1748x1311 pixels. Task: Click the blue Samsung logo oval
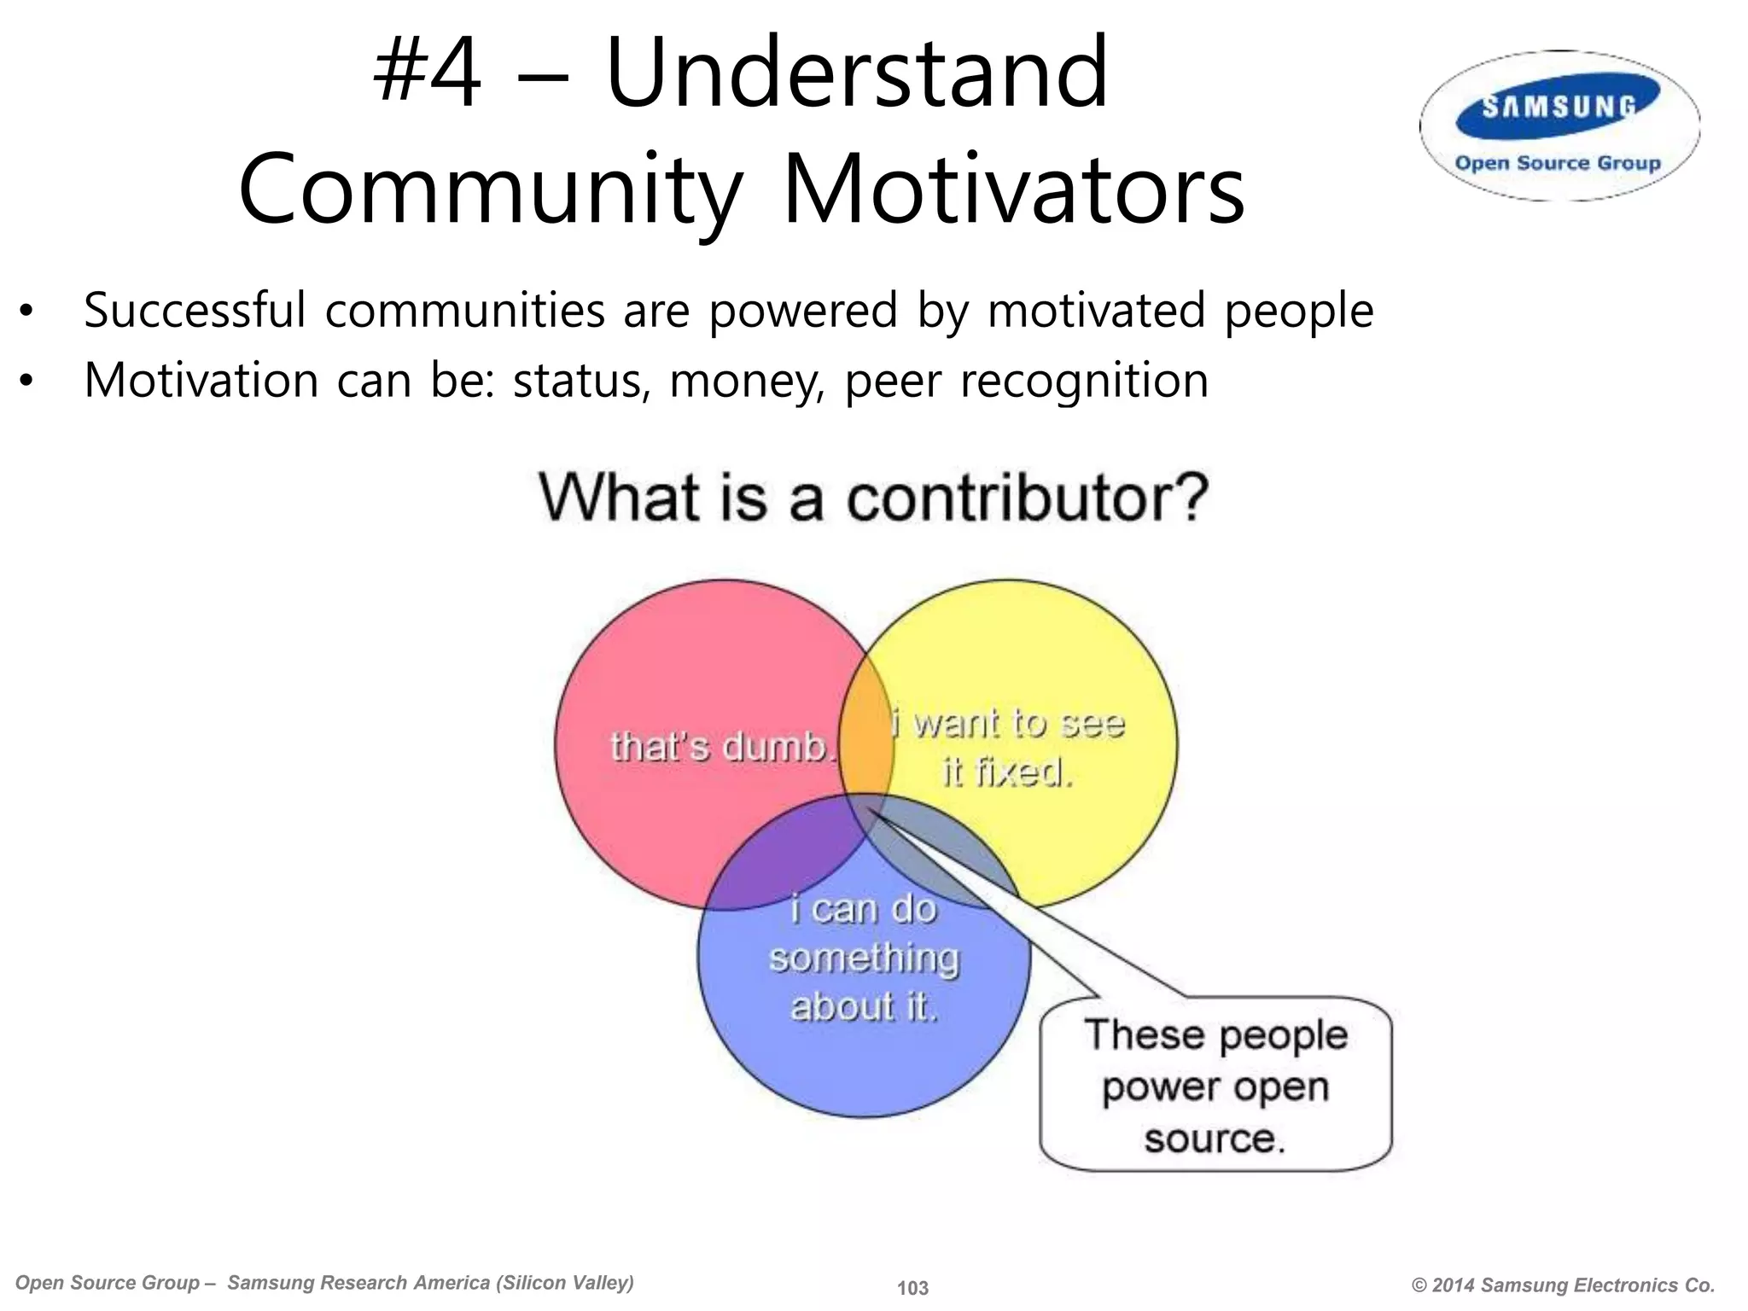click(1559, 107)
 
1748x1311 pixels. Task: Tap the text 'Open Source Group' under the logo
click(1558, 163)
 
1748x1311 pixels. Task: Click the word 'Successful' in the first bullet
click(195, 310)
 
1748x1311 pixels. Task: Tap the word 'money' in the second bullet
click(747, 381)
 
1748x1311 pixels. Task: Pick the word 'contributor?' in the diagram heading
click(1028, 498)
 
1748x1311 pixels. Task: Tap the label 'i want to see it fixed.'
click(1008, 749)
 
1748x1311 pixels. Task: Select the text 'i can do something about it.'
click(864, 958)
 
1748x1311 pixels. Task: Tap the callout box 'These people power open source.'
click(1215, 1086)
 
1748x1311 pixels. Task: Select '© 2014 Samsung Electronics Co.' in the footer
click(1563, 1285)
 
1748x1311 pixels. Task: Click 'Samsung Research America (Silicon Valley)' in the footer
click(430, 1283)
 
